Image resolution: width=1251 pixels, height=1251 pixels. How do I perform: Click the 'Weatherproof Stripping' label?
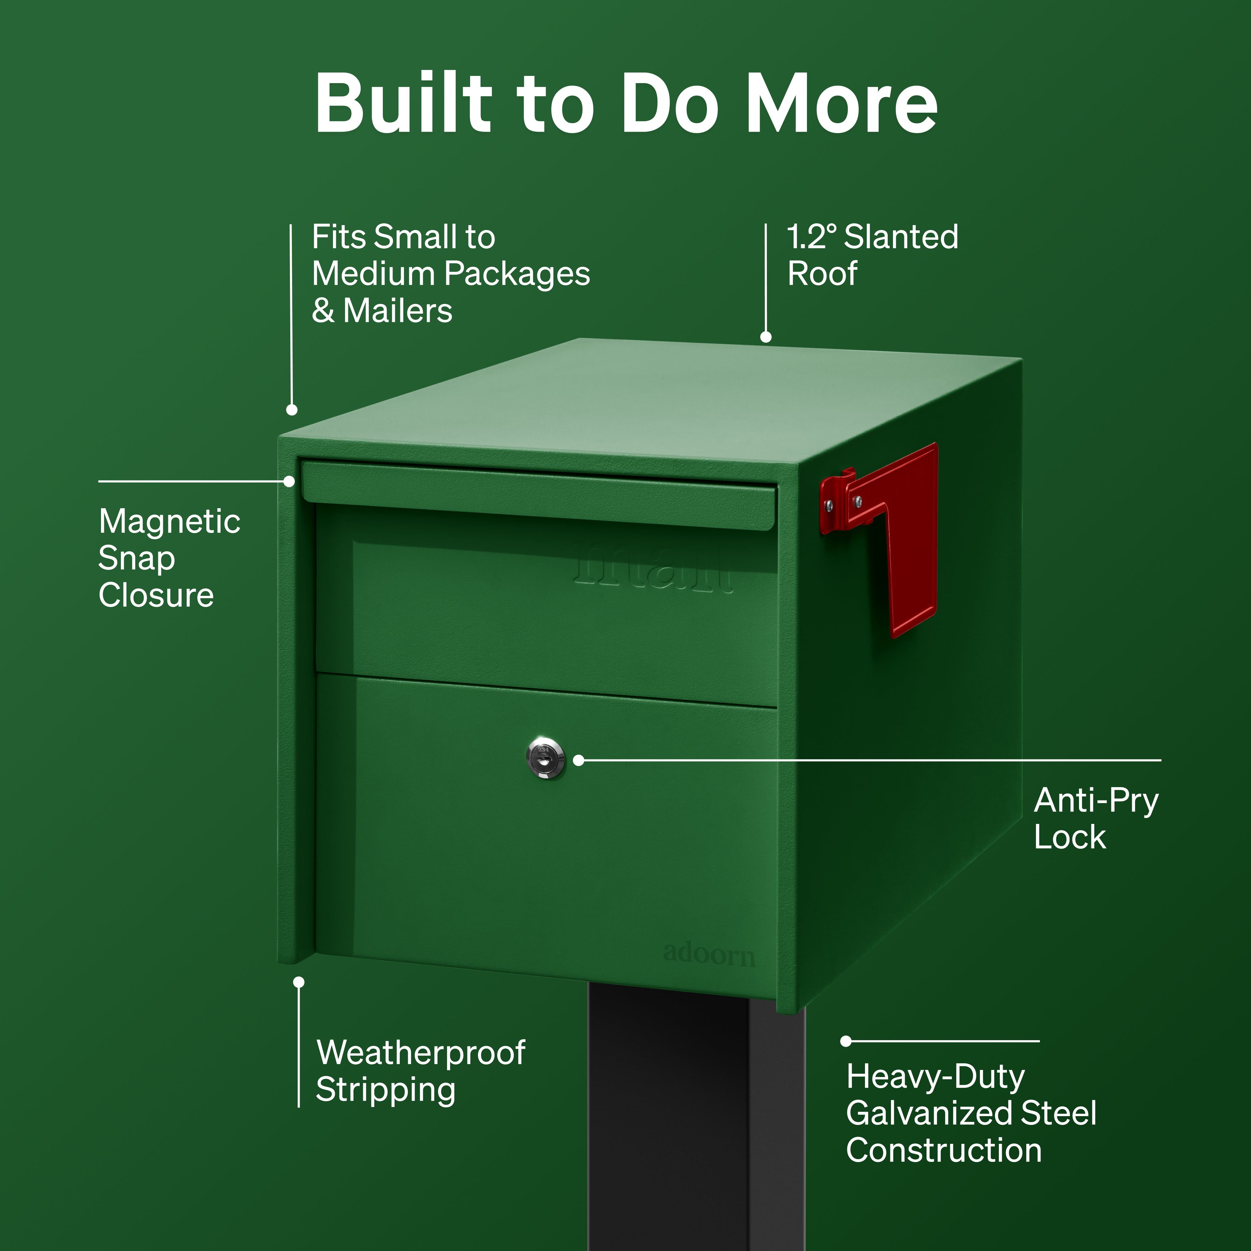pyautogui.click(x=420, y=1071)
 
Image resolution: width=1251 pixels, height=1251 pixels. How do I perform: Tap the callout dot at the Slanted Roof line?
pyautogui.click(x=766, y=337)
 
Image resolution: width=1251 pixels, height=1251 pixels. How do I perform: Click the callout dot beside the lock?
pyautogui.click(x=579, y=760)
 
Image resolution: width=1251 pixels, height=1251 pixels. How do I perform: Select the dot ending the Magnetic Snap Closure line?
pyautogui.click(x=289, y=482)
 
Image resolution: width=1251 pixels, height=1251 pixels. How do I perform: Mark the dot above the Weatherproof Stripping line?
pyautogui.click(x=298, y=982)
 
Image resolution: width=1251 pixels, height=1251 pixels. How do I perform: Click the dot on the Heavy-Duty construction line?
pyautogui.click(x=846, y=1041)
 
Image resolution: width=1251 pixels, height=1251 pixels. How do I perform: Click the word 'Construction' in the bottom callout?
pyautogui.click(x=944, y=1151)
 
